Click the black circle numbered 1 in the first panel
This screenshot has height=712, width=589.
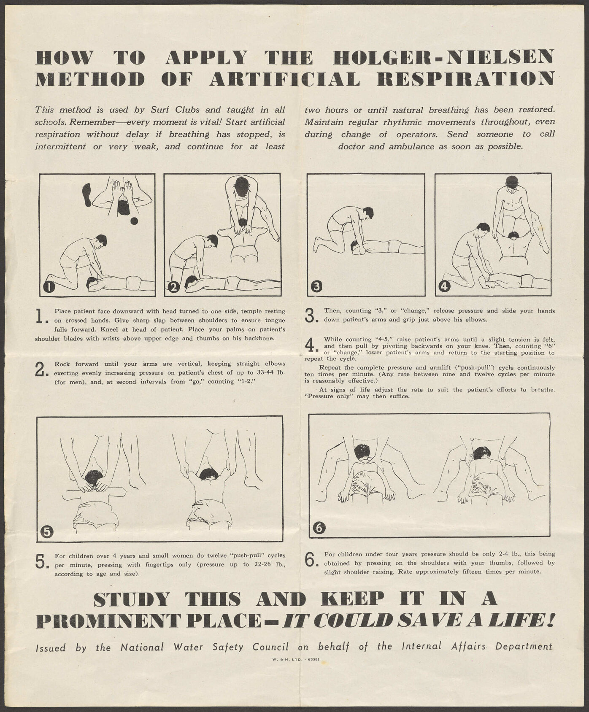pyautogui.click(x=49, y=287)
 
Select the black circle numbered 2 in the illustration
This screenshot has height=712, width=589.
pyautogui.click(x=174, y=287)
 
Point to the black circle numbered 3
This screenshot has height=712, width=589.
pyautogui.click(x=316, y=287)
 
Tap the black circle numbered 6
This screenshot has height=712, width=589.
pyautogui.click(x=319, y=527)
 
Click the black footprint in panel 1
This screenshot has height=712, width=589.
pyautogui.click(x=87, y=194)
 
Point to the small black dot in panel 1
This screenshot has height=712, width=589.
pyautogui.click(x=134, y=221)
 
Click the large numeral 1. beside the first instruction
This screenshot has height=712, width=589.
pyautogui.click(x=41, y=316)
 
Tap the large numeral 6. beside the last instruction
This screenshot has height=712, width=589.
pyautogui.click(x=311, y=560)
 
